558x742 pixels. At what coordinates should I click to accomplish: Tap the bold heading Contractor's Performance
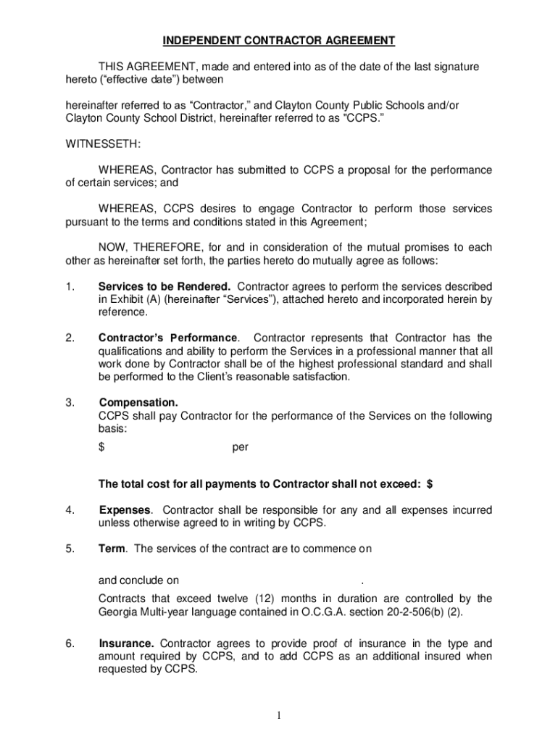[x=168, y=338]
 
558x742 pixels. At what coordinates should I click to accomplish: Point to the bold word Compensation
[x=138, y=402]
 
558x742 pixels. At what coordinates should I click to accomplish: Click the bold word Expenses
[x=125, y=510]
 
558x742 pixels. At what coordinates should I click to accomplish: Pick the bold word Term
[x=112, y=549]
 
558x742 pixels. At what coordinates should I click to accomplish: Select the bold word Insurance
[x=126, y=643]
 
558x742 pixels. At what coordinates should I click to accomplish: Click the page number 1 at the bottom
[x=279, y=716]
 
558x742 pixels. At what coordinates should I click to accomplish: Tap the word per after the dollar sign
[x=241, y=447]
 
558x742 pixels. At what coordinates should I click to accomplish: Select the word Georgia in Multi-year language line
[x=118, y=612]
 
